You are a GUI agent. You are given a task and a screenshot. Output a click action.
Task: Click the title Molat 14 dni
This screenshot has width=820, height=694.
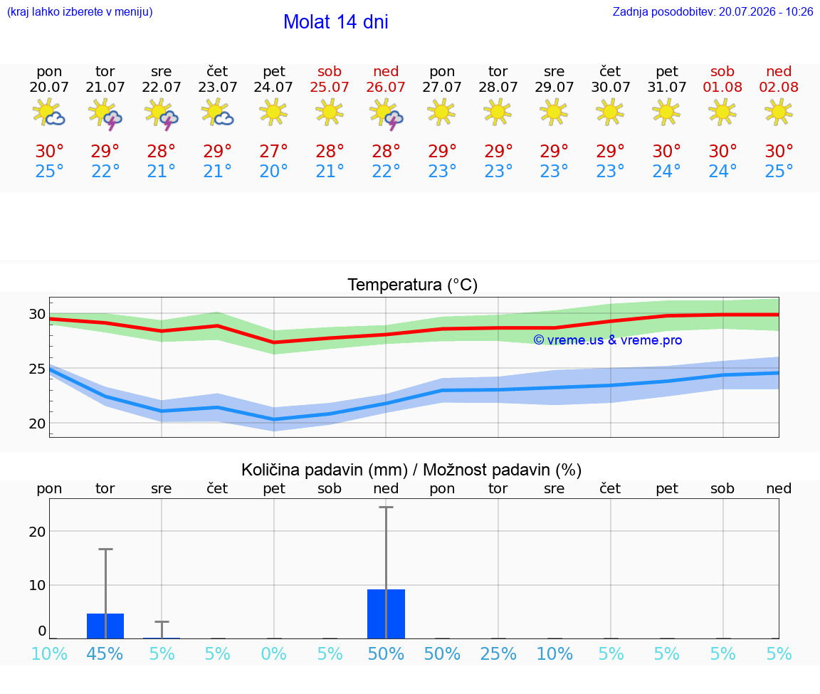[336, 22]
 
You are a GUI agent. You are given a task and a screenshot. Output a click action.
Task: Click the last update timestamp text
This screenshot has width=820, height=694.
[713, 11]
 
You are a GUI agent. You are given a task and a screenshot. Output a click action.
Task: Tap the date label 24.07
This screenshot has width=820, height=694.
[273, 87]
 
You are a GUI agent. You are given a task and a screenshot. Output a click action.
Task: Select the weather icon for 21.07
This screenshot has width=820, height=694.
[105, 113]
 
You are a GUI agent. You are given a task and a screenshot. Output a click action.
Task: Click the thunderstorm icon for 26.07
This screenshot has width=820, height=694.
[386, 113]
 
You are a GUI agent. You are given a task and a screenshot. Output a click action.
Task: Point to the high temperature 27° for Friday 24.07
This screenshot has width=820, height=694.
[273, 151]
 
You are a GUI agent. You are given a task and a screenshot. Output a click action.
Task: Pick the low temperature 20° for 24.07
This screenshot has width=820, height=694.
[273, 171]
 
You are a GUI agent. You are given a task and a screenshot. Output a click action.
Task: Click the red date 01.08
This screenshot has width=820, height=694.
[722, 87]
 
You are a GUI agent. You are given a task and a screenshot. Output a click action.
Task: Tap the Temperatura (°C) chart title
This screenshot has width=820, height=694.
[413, 285]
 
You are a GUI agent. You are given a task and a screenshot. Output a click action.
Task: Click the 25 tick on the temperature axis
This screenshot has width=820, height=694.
[37, 369]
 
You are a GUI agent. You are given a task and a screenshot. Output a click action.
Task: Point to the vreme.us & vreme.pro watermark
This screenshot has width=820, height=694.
[608, 340]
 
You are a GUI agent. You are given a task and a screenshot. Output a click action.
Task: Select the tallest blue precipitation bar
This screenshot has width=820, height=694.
[386, 614]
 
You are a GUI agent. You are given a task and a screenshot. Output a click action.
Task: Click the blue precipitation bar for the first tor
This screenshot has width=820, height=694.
[105, 626]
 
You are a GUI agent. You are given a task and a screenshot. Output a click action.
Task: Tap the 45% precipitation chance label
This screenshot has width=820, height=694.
[105, 653]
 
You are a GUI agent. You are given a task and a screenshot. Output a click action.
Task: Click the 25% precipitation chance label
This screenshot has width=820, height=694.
[498, 653]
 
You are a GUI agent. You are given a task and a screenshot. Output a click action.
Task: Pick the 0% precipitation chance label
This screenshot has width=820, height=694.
[273, 653]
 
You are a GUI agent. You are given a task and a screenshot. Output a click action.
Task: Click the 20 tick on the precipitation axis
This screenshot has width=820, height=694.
[37, 531]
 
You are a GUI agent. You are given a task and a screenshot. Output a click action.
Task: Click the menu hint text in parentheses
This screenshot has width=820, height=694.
[80, 11]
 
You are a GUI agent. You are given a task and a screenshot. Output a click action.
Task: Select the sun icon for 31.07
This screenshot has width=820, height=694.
[666, 112]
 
